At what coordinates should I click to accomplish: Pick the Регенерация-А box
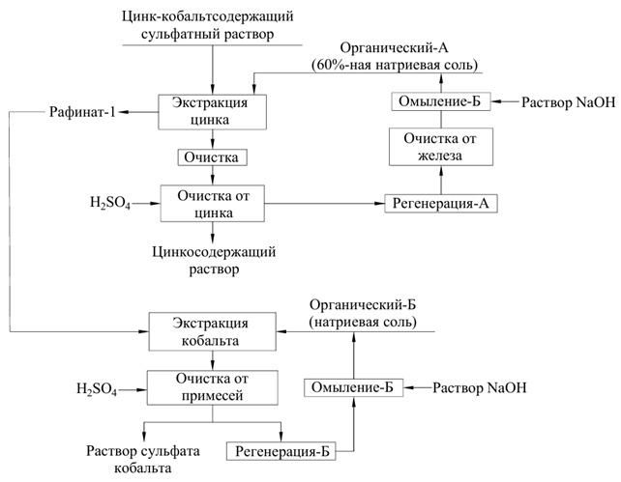pyautogui.click(x=442, y=203)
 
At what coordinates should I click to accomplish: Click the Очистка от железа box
pyautogui.click(x=442, y=148)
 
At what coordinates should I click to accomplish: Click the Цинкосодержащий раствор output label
pyautogui.click(x=214, y=260)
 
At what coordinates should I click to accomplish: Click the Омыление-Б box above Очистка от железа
pyautogui.click(x=441, y=101)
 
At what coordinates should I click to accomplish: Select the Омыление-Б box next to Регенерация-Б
pyautogui.click(x=354, y=387)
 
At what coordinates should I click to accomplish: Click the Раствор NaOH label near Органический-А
pyautogui.click(x=568, y=101)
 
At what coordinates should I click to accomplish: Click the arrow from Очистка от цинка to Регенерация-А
pyautogui.click(x=324, y=204)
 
